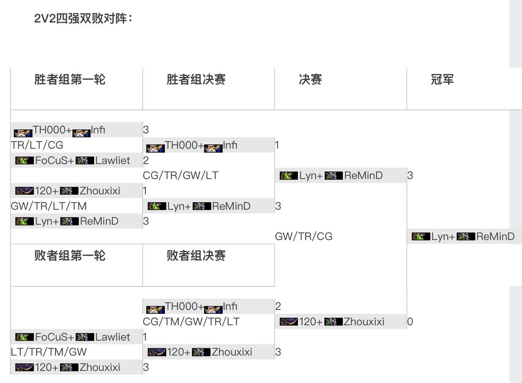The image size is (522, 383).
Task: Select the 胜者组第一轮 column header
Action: tap(70, 79)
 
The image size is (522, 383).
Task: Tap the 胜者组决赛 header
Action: tap(196, 79)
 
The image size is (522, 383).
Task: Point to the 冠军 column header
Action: tap(442, 79)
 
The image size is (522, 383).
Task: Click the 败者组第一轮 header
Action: tap(70, 255)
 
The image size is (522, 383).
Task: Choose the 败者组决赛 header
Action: tap(196, 255)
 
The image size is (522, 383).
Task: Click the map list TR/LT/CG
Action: tap(37, 145)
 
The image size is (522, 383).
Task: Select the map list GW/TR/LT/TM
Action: tap(49, 206)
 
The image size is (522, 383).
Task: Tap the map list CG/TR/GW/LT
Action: tap(181, 176)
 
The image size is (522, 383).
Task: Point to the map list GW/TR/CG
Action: tap(304, 236)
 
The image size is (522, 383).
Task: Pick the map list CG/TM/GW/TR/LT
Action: tap(191, 322)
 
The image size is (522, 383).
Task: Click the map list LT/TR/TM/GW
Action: tap(49, 352)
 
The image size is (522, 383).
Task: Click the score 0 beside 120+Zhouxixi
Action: tap(410, 322)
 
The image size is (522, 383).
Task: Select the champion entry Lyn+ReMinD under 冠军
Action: tap(463, 236)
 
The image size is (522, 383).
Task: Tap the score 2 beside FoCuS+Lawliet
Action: tap(146, 160)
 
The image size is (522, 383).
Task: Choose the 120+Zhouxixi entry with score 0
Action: tap(332, 322)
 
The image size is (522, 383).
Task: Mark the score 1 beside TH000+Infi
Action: tap(278, 145)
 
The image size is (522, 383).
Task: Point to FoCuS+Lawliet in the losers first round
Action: tap(73, 337)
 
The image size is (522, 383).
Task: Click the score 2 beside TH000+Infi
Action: tap(278, 307)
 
